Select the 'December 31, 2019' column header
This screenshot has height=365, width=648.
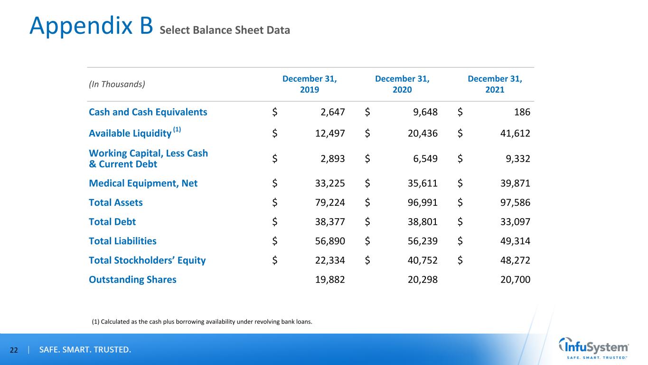pos(310,84)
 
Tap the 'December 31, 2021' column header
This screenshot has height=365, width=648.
pos(495,84)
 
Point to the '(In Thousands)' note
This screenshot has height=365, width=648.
pos(117,84)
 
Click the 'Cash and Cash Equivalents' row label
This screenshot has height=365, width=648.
pos(148,112)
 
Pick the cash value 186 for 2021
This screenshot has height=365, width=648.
pos(522,113)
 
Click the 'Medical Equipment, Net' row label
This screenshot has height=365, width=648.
pos(143,183)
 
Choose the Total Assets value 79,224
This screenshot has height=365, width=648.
pos(326,203)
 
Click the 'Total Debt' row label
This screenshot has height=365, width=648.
pos(112,221)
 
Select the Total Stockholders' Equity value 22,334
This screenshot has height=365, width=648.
pos(326,260)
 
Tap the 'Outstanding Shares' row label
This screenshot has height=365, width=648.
pos(132,279)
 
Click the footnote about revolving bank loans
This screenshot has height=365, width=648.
pos(202,322)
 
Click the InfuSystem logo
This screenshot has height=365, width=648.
pos(594,349)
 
